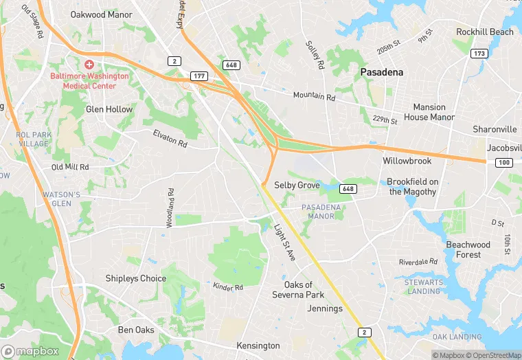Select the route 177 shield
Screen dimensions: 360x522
[x=199, y=76]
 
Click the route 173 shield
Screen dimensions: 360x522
[x=479, y=53]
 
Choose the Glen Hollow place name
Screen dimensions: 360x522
[x=109, y=109]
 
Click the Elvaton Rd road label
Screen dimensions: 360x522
[x=170, y=138]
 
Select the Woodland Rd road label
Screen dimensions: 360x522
[x=170, y=208]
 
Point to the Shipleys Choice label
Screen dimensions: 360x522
[x=135, y=278]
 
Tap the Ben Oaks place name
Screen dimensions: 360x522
[x=136, y=330]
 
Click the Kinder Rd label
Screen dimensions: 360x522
[x=228, y=286]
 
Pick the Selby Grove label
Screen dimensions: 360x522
[x=297, y=185]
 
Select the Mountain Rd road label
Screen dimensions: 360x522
[x=314, y=97]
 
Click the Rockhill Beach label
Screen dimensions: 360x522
[x=485, y=32]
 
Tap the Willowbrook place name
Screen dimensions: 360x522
[x=407, y=161]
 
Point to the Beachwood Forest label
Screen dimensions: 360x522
[x=468, y=249]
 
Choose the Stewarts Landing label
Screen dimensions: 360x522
[x=423, y=286]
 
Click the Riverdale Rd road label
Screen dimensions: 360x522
[x=418, y=262]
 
